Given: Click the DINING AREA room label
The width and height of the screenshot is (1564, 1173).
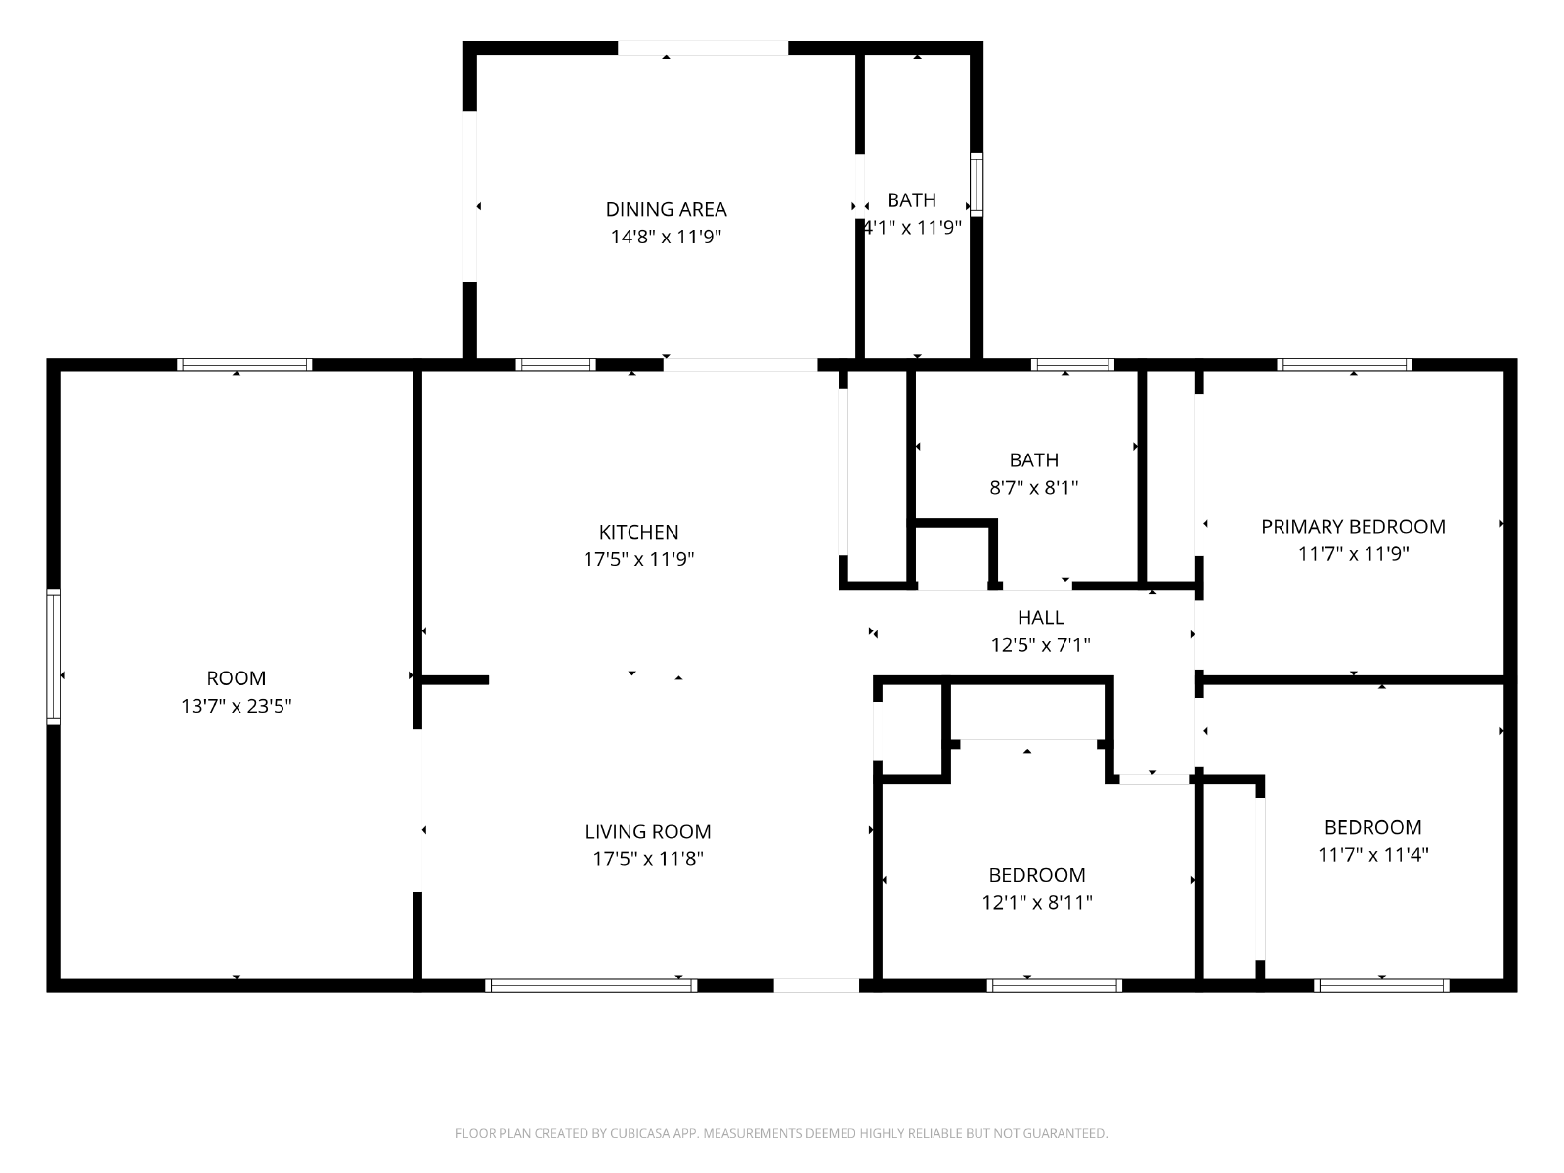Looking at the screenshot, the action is (x=666, y=209).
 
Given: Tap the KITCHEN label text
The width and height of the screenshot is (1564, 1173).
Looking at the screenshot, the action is (x=638, y=532).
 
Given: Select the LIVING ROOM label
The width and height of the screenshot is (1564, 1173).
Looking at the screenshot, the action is (x=648, y=831).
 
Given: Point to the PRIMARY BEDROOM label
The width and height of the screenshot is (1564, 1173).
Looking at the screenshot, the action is (x=1353, y=526).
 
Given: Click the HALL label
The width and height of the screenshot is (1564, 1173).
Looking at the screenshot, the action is (x=1040, y=617).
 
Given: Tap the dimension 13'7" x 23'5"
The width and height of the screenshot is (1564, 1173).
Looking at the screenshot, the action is (x=236, y=706).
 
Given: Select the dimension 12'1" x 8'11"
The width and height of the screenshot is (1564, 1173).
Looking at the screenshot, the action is (x=1037, y=902).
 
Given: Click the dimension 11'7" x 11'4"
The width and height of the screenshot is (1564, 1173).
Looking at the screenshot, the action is (x=1373, y=854).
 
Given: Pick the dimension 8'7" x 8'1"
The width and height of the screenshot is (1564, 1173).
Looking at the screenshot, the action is (x=1033, y=487).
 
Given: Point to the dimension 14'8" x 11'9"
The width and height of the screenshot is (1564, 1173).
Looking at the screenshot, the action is (x=666, y=237).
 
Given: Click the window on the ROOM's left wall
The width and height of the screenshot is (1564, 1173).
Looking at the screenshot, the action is (x=54, y=657).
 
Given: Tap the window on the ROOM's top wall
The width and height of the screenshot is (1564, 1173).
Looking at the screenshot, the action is (x=244, y=365).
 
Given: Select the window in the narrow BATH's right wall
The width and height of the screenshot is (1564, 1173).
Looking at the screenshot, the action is (x=977, y=185).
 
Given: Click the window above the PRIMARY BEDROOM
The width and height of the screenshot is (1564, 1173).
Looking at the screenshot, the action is (x=1344, y=365).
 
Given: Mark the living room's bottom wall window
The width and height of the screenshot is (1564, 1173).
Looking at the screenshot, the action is (x=590, y=985).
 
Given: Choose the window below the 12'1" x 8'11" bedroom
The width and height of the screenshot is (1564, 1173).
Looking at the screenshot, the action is (x=1054, y=985).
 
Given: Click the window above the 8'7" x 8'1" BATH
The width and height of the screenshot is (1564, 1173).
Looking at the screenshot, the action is (x=1072, y=365).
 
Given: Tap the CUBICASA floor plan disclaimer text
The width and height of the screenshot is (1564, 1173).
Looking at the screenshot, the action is (x=782, y=1133).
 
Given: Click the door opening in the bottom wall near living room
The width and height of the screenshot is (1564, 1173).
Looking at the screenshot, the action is (x=816, y=985).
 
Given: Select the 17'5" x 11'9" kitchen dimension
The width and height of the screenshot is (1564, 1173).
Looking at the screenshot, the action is (x=638, y=559).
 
